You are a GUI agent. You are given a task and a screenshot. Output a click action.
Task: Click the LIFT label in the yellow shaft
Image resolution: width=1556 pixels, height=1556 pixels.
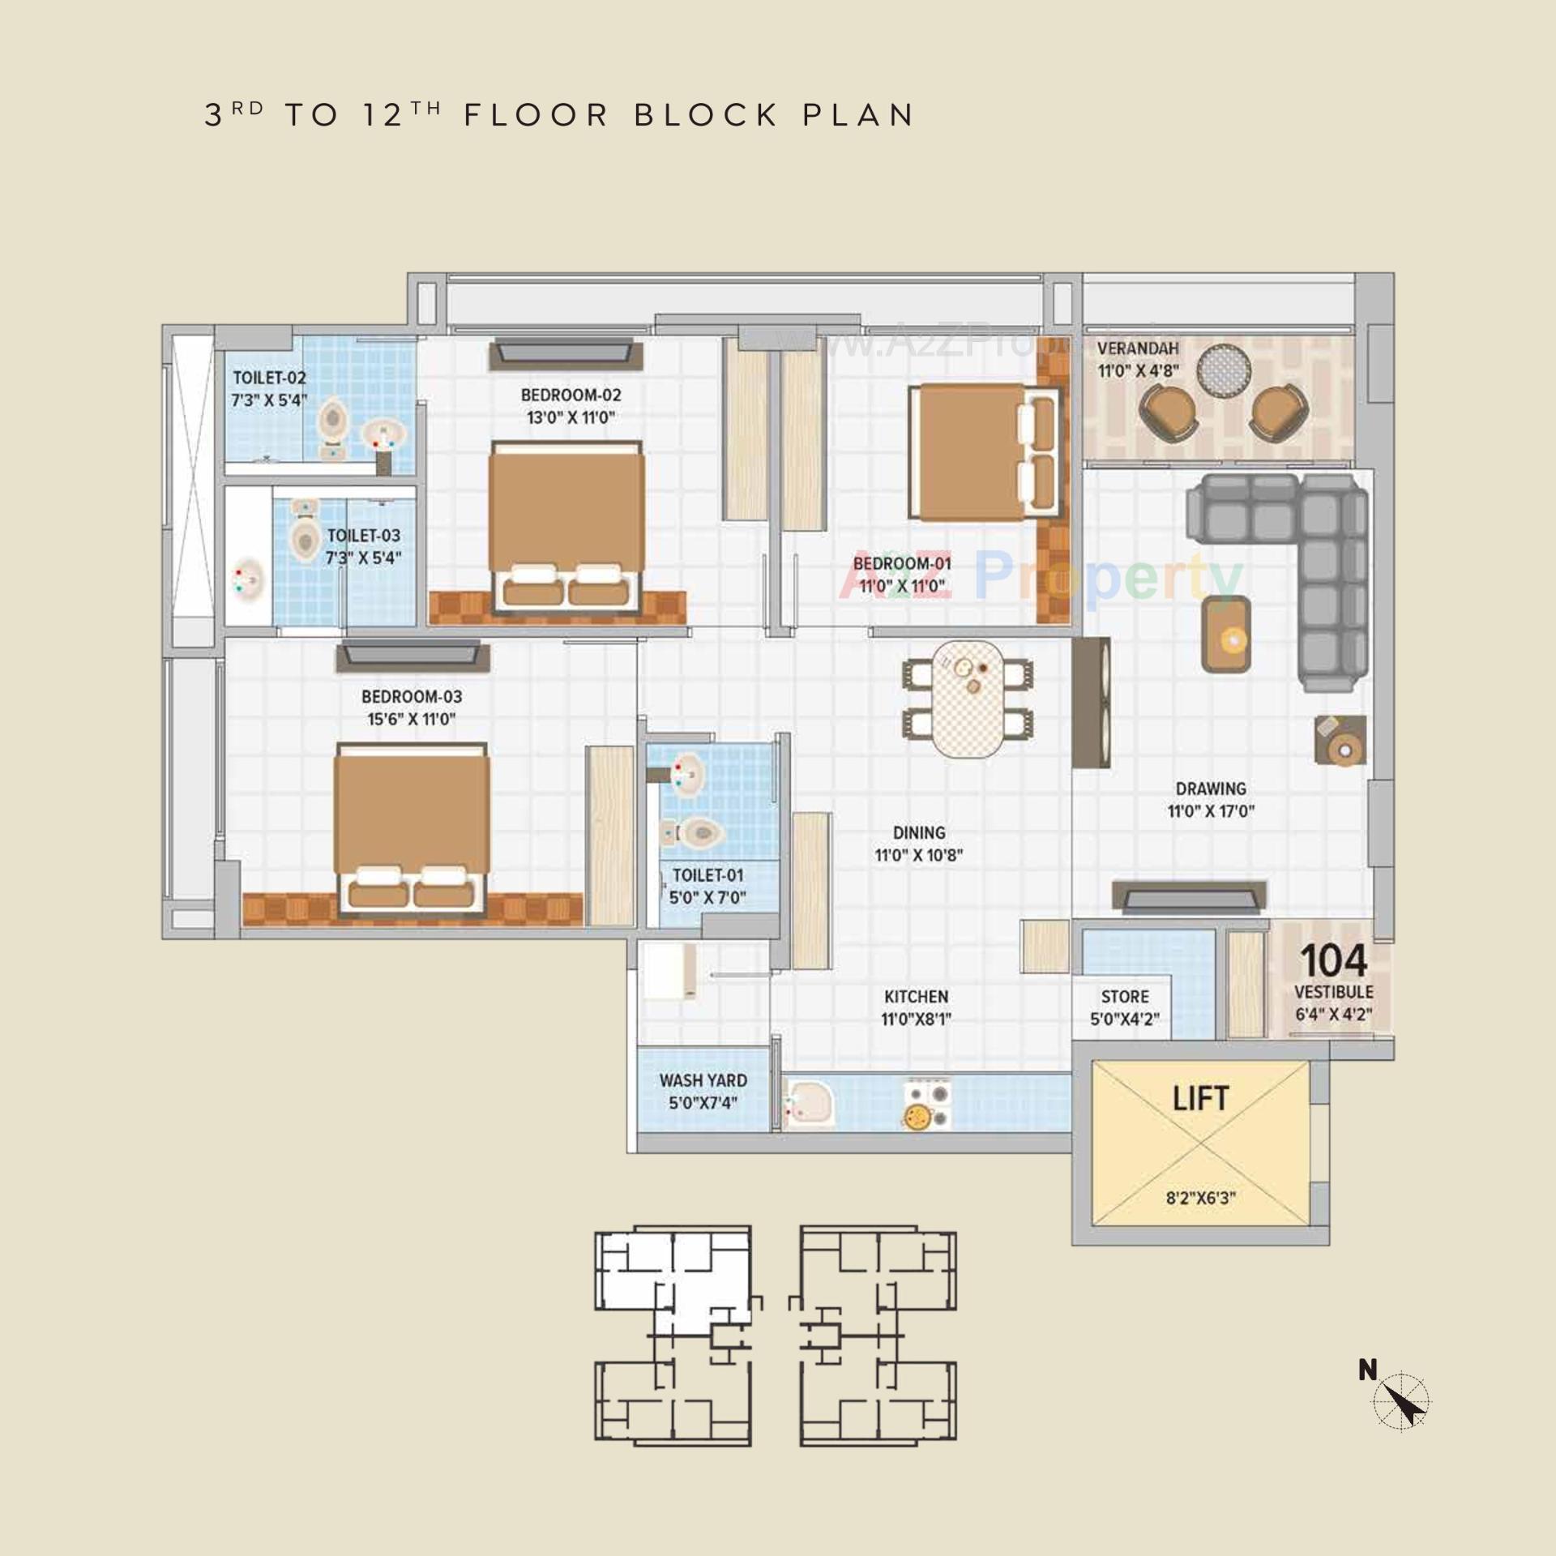[x=1200, y=1099]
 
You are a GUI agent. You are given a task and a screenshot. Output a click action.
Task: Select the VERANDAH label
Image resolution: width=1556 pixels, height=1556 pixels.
[x=1137, y=348]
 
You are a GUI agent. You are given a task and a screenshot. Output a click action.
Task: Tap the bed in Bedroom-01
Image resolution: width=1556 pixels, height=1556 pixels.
[x=984, y=451]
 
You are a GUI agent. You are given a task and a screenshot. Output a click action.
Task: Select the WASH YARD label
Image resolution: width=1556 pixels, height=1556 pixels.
[x=703, y=1080]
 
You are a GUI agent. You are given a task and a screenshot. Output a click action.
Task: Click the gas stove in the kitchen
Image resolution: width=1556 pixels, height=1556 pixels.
[x=926, y=1104]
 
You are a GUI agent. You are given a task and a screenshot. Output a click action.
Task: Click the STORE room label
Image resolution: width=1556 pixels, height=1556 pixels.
[x=1124, y=996]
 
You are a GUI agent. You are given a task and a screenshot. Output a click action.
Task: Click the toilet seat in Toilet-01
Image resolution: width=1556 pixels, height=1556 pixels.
[x=699, y=832]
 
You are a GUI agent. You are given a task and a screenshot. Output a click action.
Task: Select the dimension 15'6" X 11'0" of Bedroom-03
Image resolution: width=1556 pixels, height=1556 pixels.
[x=412, y=719]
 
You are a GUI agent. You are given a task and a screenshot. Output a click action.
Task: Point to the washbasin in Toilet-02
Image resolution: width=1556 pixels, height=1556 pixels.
[x=383, y=435]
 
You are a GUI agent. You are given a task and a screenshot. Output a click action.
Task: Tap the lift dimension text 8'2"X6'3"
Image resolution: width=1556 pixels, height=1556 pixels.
[x=1200, y=1198]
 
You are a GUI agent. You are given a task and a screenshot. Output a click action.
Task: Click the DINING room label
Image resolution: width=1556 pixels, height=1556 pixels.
[x=919, y=832]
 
